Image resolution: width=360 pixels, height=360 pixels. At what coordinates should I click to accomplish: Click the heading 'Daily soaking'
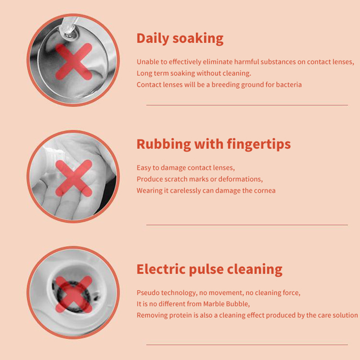coord(180,39)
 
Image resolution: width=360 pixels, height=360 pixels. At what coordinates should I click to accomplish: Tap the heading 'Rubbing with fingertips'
coord(213,144)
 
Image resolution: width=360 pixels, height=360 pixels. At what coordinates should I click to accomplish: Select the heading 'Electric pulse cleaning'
coord(209,270)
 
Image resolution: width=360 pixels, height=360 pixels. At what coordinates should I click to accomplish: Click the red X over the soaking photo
coord(74,62)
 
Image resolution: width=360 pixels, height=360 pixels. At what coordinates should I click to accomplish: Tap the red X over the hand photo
coord(74,178)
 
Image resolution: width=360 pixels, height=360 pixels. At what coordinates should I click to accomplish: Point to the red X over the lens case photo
coord(74,294)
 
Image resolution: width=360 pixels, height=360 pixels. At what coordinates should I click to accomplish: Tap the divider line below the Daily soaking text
coord(247,105)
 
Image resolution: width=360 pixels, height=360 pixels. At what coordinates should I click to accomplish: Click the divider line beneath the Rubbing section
coord(247,225)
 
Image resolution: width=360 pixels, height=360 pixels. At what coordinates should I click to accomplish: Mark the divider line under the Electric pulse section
coord(247,345)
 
